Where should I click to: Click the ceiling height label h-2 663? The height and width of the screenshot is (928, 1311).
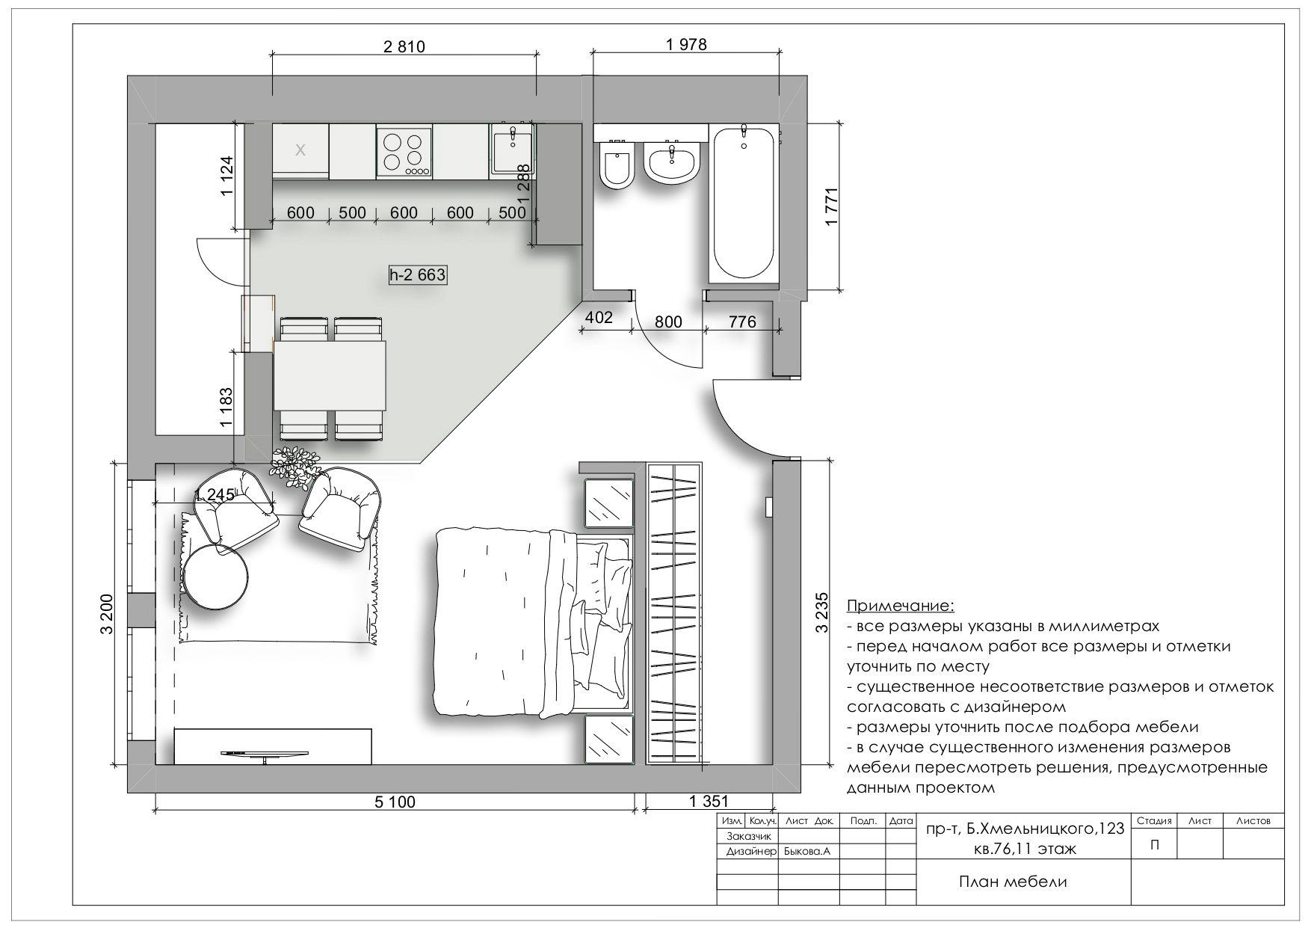(417, 275)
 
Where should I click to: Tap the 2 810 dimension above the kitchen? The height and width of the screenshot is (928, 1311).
(404, 46)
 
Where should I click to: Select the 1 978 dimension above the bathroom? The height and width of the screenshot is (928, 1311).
(686, 44)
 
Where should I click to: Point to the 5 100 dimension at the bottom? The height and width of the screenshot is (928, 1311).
(394, 802)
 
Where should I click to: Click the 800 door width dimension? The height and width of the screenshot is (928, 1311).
(668, 322)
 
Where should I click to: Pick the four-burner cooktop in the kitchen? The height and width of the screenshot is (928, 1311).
(404, 153)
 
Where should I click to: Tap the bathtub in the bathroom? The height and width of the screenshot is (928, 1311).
(744, 203)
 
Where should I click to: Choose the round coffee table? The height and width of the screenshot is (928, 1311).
(216, 576)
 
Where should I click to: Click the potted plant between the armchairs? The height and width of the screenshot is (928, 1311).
(295, 467)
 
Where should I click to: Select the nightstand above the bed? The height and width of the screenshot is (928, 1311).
(609, 503)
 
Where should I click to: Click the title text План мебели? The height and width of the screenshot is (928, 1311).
(1013, 882)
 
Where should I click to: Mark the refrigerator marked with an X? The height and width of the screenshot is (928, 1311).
(300, 152)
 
